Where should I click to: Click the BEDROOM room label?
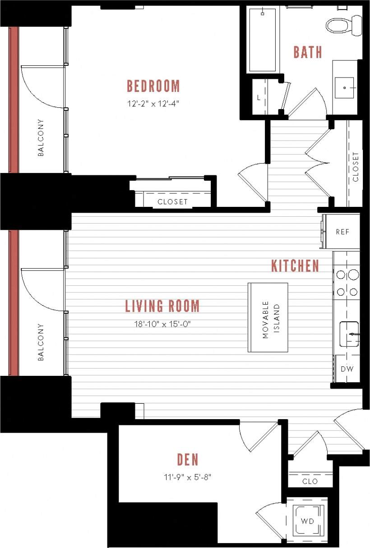pos(153,86)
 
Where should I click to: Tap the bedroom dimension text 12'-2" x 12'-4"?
pos(153,103)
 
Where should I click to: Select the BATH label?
pos(308,52)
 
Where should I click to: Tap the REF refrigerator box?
pos(342,232)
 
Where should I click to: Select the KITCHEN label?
pos(295,266)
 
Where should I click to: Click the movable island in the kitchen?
pos(268,317)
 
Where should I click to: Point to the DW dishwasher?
pos(347,369)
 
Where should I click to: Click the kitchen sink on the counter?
pos(349,334)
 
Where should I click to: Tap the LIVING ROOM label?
pos(162,306)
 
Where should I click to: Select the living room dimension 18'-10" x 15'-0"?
pos(162,324)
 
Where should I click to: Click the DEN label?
pos(187,460)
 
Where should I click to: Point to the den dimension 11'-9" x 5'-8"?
pos(187,477)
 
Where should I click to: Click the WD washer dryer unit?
pos(308,521)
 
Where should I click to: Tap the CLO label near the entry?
pos(310,481)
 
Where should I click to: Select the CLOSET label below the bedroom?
pos(172,202)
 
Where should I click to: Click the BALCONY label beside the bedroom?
pos(41,137)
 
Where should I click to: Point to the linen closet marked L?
pos(259,97)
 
